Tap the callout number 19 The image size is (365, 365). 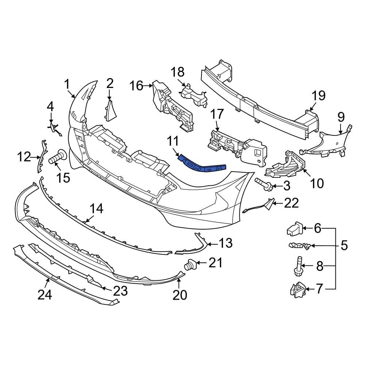[318, 96]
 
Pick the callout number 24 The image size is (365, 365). [44, 294]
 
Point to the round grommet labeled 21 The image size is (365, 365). [190, 264]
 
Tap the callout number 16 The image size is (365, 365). [137, 86]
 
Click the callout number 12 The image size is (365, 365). [24, 157]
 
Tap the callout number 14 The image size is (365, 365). [97, 209]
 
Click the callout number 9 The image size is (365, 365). [341, 117]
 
